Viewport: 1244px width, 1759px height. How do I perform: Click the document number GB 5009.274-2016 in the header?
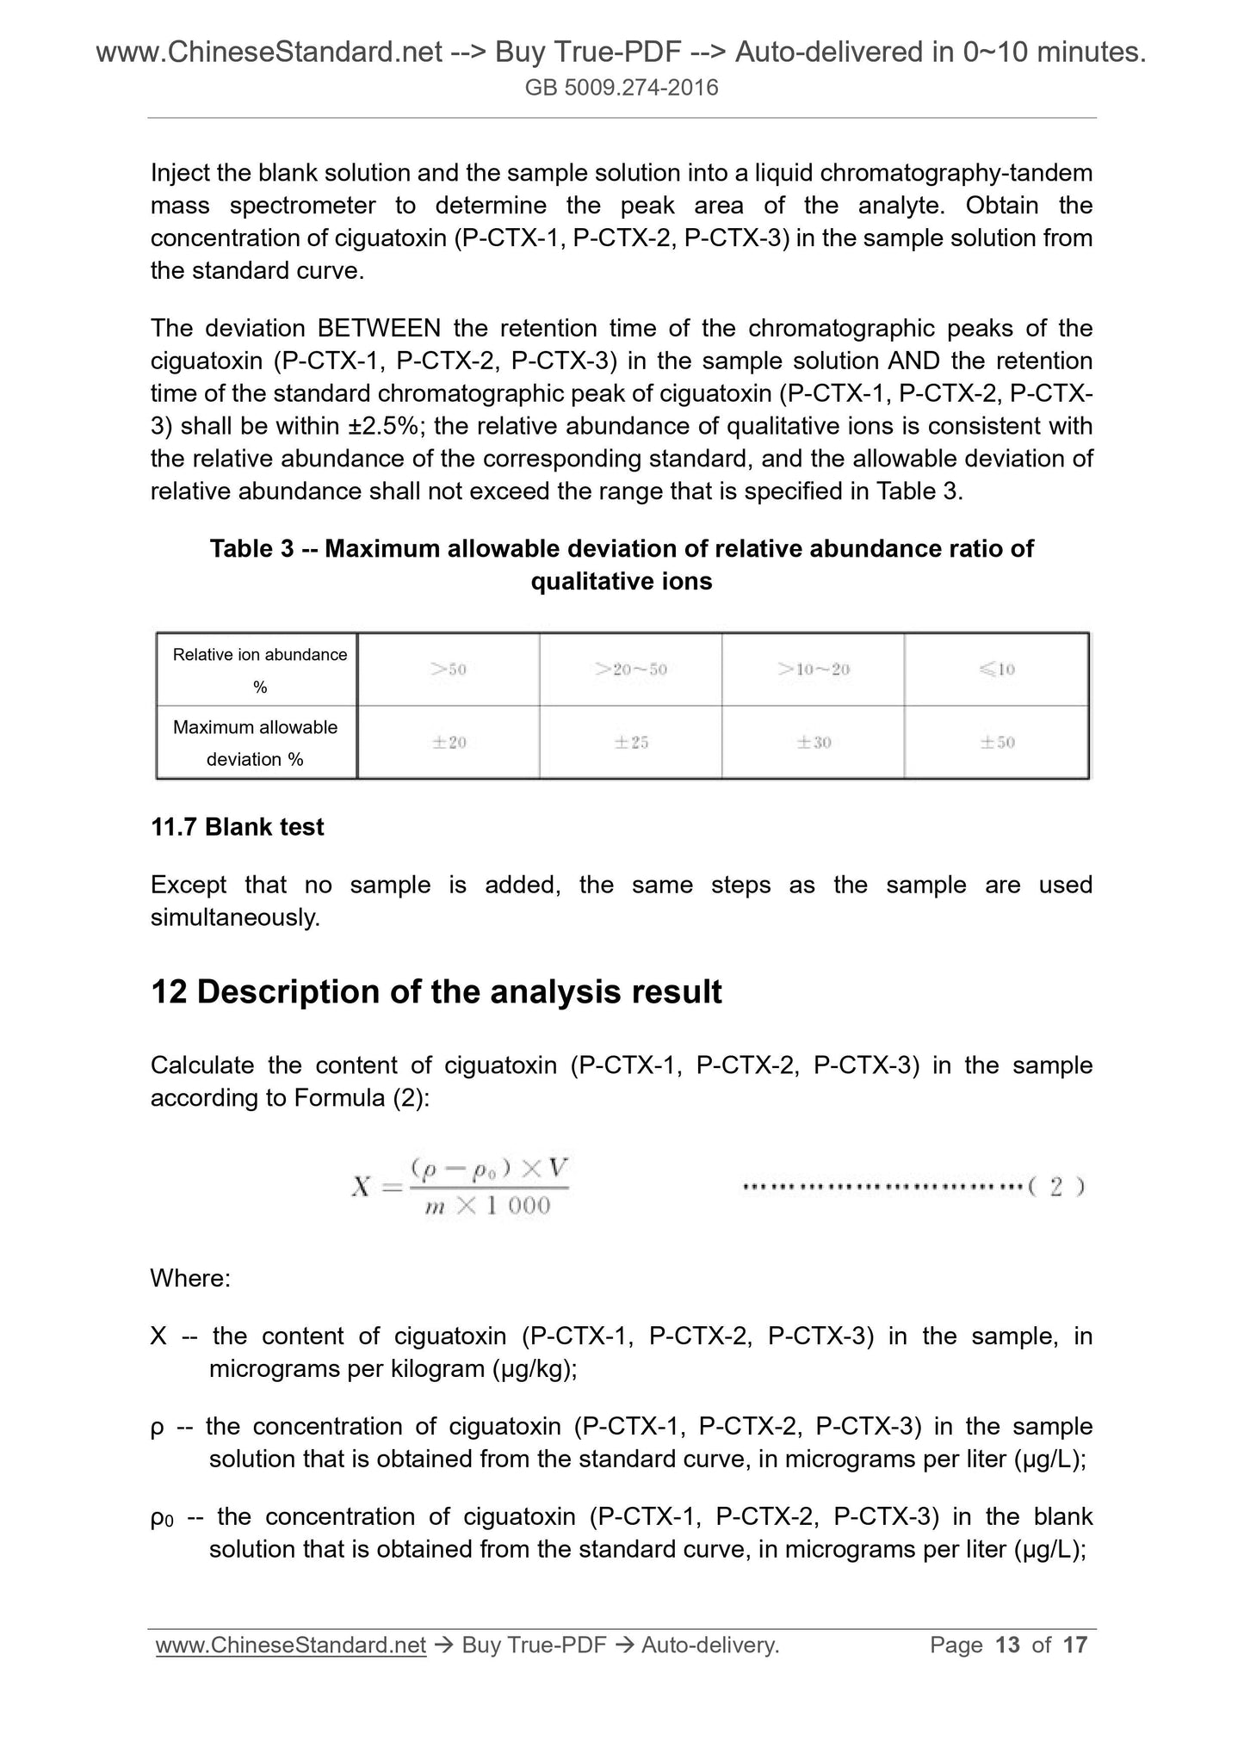coord(622,88)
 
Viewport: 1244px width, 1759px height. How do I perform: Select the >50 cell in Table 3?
coord(449,670)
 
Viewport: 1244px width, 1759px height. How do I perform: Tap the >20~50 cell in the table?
coord(631,670)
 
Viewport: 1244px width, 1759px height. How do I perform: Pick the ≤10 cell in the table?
coord(997,670)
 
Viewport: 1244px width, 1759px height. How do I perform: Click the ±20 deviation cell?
coord(449,743)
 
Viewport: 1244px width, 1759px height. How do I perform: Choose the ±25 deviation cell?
coord(631,743)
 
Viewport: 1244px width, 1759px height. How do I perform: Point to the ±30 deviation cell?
coord(814,743)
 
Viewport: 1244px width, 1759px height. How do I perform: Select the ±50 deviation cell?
coord(997,743)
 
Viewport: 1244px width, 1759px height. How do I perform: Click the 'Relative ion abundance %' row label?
coord(259,670)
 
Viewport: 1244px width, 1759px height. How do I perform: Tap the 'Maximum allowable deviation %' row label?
coord(256,743)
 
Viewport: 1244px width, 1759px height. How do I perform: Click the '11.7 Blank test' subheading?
coord(237,827)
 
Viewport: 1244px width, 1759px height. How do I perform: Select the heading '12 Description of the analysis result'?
coord(436,992)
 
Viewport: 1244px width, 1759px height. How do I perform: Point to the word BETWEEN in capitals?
coord(379,329)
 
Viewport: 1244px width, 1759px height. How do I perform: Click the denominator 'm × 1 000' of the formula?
coord(488,1207)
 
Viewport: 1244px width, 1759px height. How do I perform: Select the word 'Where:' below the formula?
coord(190,1279)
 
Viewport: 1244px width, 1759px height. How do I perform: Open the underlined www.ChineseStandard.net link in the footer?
coord(291,1645)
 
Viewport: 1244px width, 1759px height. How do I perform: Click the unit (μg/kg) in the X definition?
coord(534,1369)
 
